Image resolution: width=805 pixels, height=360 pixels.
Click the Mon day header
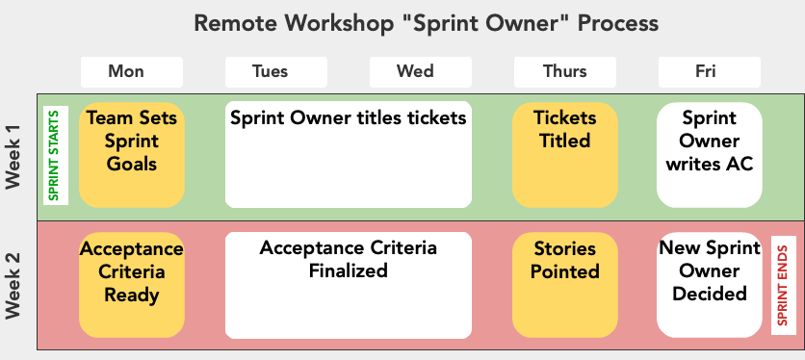(x=131, y=71)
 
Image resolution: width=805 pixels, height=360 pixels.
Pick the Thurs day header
(x=564, y=71)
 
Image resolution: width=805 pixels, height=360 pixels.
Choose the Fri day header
(x=709, y=71)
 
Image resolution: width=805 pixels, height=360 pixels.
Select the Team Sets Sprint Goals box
(x=131, y=154)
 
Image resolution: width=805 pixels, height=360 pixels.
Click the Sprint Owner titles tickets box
(x=348, y=154)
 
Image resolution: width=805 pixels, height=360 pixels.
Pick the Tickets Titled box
(x=564, y=154)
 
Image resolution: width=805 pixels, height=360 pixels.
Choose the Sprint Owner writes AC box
(x=709, y=154)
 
